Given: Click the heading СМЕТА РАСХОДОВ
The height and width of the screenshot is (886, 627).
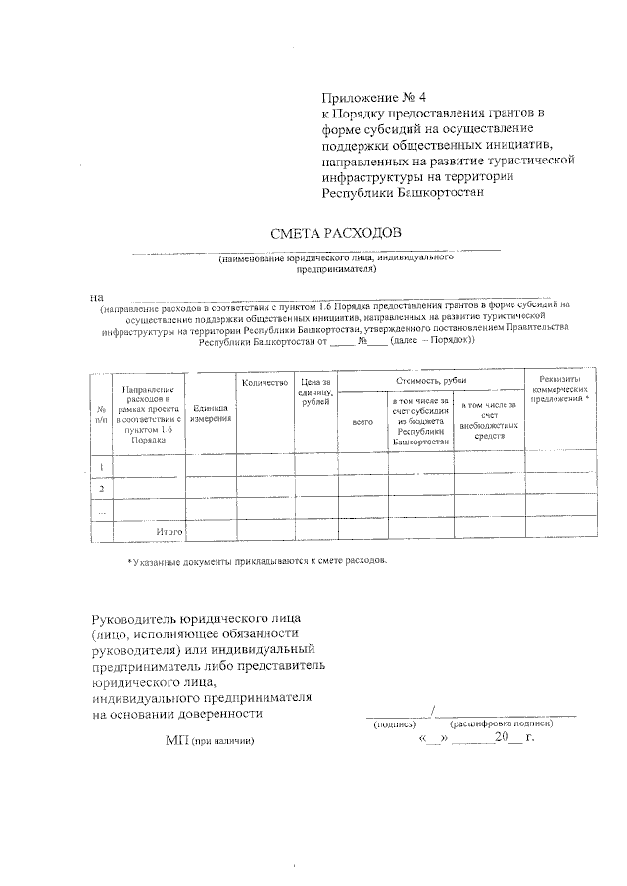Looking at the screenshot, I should (x=336, y=233).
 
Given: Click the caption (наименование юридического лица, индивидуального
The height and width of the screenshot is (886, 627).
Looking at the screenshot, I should (x=336, y=257).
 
